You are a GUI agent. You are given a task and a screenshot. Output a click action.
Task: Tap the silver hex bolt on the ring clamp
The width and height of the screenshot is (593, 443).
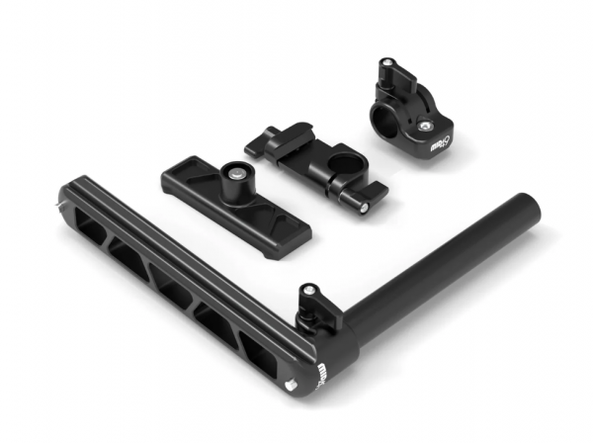click(425, 126)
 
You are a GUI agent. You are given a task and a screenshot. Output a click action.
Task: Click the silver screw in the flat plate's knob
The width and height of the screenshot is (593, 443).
click(237, 172)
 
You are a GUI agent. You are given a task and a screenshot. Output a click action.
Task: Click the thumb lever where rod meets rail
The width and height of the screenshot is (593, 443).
click(312, 297)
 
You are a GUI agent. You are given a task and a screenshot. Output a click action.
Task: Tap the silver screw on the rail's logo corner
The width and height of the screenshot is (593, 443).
click(293, 389)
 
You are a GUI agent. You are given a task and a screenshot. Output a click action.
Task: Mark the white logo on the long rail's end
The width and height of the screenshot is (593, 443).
click(324, 378)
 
